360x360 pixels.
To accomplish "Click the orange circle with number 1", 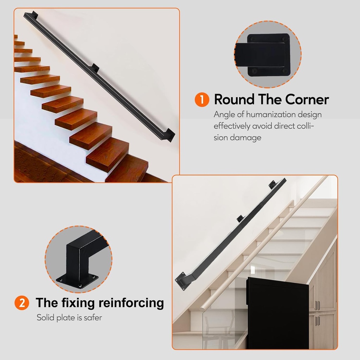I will [202, 99].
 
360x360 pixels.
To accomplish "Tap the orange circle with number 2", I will [22, 303].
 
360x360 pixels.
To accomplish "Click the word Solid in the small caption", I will [46, 317].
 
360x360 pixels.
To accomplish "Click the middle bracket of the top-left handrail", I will [95, 67].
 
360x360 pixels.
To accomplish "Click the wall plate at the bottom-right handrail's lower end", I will [181, 281].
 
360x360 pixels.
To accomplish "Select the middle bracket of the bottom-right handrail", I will [240, 219].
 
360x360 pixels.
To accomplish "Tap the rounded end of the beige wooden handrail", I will [202, 309].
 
